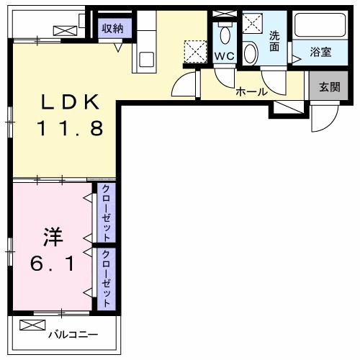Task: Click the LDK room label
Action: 70,102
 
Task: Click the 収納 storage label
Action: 112,29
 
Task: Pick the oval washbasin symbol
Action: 250,53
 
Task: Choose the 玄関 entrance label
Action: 330,87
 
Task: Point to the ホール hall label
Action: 252,91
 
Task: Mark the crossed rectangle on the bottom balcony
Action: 32,325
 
